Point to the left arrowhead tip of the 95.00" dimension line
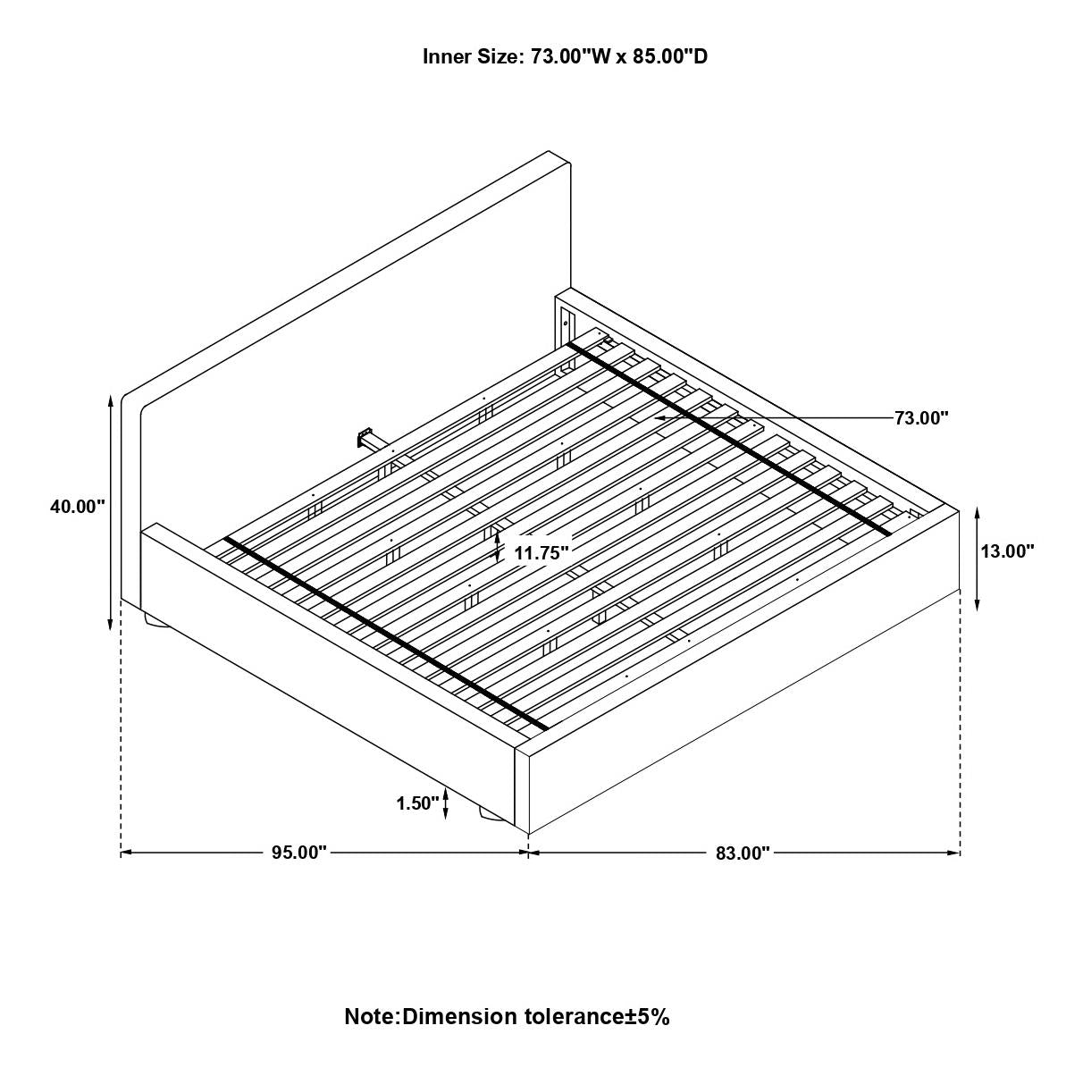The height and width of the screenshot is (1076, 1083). pyautogui.click(x=121, y=853)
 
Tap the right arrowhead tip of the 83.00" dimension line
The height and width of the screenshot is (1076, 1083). pyautogui.click(x=960, y=853)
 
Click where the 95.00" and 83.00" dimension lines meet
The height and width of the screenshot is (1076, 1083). pyautogui.click(x=528, y=853)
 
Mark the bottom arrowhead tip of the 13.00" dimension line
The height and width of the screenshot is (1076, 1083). pyautogui.click(x=978, y=610)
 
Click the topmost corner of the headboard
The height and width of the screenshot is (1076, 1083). pyautogui.click(x=549, y=151)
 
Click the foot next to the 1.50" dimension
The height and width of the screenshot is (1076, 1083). pyautogui.click(x=491, y=833)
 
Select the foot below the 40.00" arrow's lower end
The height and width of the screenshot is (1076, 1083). pyautogui.click(x=155, y=620)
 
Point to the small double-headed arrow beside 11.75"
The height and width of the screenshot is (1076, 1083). pyautogui.click(x=498, y=546)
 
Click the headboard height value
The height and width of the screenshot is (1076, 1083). pyautogui.click(x=78, y=507)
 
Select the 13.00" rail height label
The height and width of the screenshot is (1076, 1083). pyautogui.click(x=1008, y=551)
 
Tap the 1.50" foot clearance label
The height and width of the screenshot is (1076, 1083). pyautogui.click(x=417, y=803)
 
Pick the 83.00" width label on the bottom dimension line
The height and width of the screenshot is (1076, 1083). pyautogui.click(x=743, y=853)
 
